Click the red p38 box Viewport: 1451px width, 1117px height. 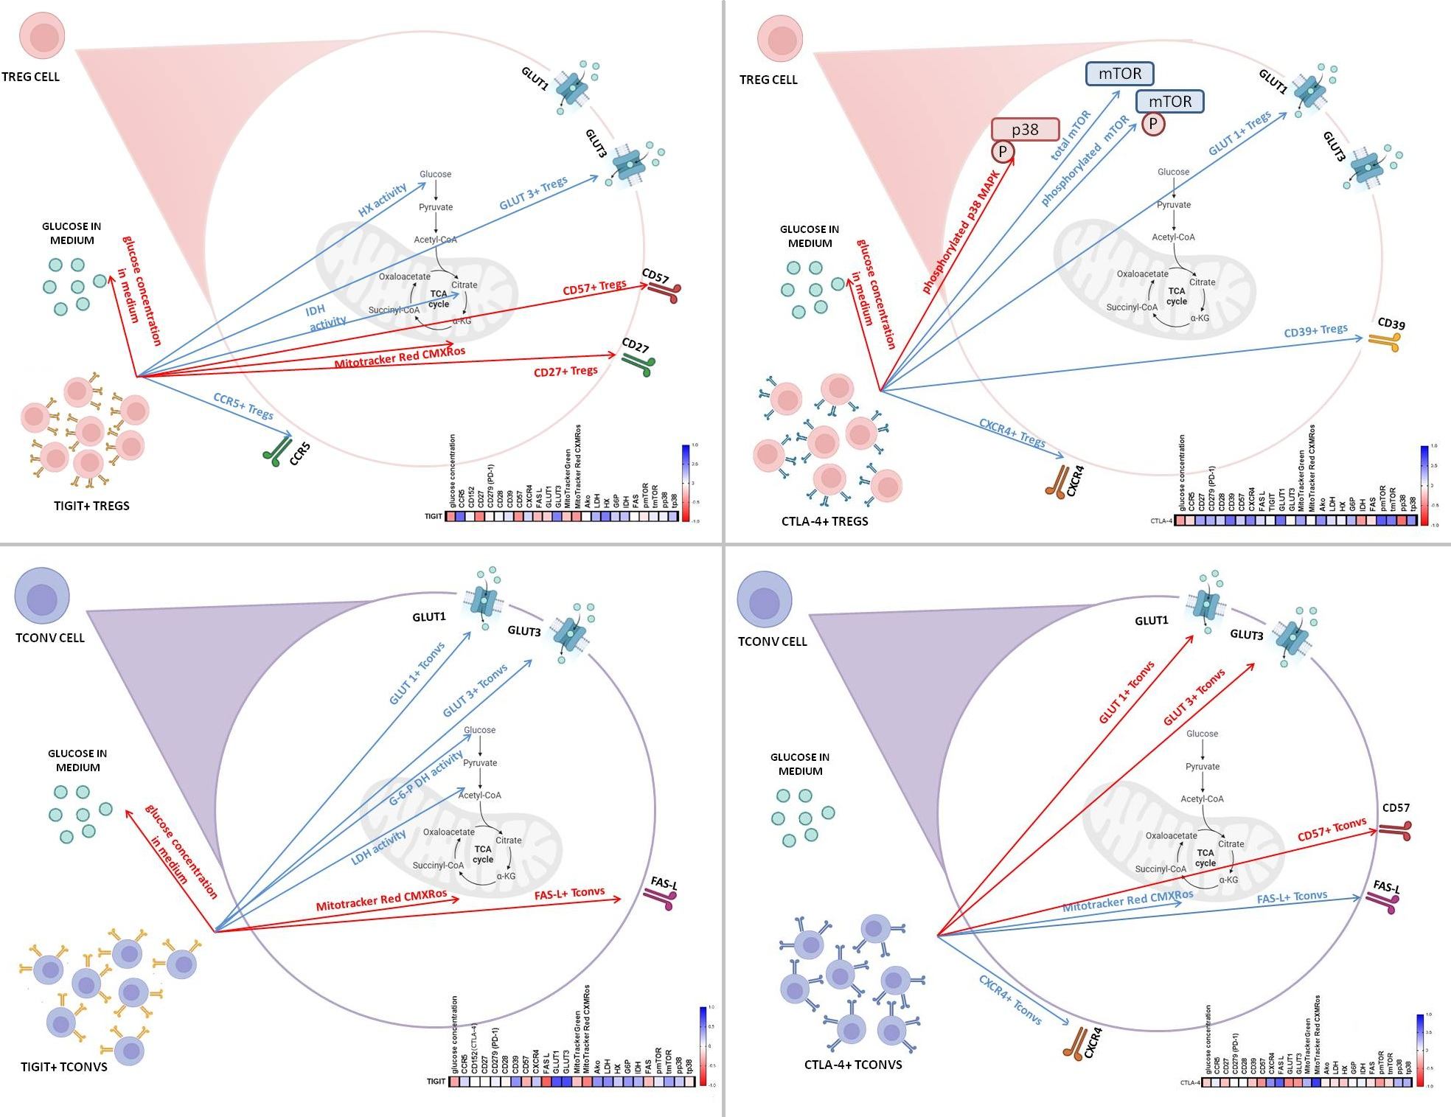1025,130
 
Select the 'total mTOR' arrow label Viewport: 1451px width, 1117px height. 1071,136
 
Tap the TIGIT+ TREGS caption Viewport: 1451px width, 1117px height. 91,506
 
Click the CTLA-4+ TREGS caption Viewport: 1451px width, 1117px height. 824,521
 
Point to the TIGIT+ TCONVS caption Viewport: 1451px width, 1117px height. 64,1067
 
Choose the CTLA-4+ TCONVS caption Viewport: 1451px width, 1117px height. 853,1065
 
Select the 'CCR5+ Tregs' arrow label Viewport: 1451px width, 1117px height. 243,406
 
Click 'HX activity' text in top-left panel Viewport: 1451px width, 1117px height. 382,200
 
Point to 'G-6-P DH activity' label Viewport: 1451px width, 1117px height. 426,778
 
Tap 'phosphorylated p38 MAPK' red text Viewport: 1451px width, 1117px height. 961,233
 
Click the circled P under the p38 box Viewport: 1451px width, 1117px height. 1003,152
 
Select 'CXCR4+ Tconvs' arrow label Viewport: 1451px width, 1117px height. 1010,1001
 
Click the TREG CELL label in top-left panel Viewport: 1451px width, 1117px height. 30,77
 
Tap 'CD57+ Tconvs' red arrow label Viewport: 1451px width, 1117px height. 1332,829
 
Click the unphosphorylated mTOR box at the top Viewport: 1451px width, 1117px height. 1119,74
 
